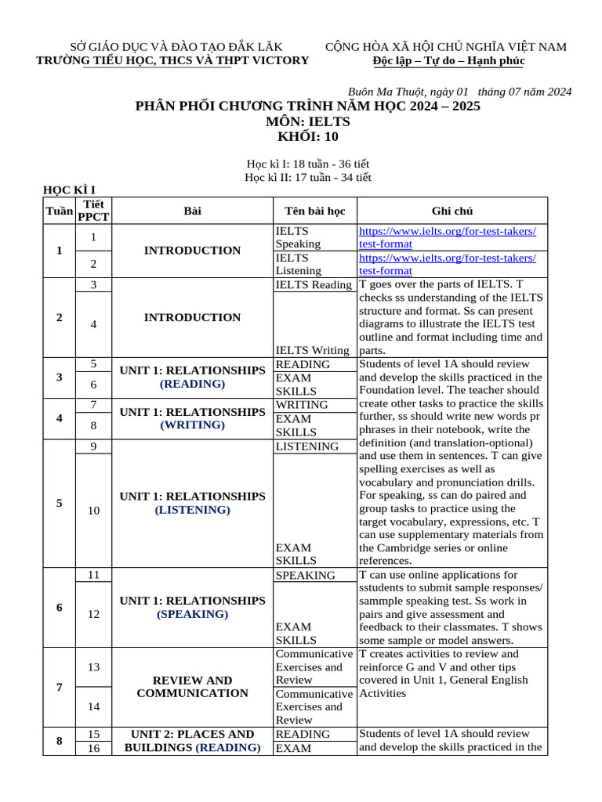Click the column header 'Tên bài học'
coord(314,211)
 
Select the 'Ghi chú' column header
coord(451,211)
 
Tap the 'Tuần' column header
coord(59,211)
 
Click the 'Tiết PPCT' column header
coord(94,211)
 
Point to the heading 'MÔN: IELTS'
coord(308,121)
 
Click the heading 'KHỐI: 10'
coord(308,136)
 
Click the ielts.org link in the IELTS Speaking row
coord(448,237)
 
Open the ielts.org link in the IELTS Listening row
coord(448,264)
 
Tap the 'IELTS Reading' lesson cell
coord(314,285)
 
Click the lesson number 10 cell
coord(94,511)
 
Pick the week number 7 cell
coord(60,687)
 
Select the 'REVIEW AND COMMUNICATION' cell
coord(192,687)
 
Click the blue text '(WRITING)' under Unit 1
coord(192,425)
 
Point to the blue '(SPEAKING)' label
coord(192,614)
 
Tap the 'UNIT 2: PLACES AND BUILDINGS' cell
coord(192,741)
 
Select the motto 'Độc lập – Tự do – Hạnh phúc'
coord(449,61)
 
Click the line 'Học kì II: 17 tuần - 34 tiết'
coord(308,178)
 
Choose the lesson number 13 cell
coord(94,667)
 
